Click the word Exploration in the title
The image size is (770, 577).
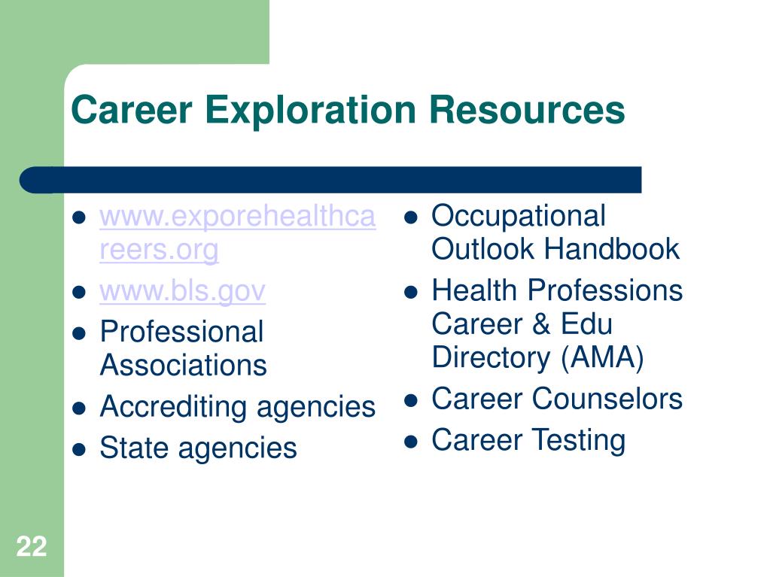[310, 111]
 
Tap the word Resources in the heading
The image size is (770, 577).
[527, 109]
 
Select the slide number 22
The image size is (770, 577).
[32, 546]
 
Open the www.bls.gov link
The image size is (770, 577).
[183, 292]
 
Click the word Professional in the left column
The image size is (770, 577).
[181, 332]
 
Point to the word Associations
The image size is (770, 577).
[183, 365]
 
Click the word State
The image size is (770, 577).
[133, 448]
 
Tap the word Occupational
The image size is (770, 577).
[519, 217]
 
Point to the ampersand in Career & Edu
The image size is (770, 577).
[540, 324]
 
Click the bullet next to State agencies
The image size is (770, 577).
[79, 450]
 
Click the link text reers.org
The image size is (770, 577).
[159, 251]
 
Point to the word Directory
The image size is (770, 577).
[491, 357]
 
